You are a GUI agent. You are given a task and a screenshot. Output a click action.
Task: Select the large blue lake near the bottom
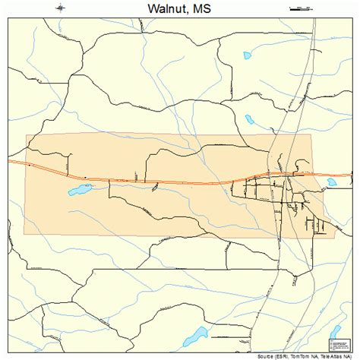[x=194, y=335]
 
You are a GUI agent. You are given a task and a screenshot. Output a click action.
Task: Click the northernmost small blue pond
[x=247, y=55]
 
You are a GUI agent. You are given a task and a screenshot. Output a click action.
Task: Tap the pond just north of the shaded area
[x=249, y=118]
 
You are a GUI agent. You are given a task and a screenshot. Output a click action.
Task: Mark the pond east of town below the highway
[x=332, y=182]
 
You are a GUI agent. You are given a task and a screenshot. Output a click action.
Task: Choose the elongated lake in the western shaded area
[x=79, y=188]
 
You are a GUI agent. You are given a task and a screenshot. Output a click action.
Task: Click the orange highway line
[x=152, y=181]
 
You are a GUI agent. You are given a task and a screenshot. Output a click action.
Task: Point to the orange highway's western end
[x=10, y=161]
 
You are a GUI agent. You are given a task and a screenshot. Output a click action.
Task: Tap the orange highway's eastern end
[x=351, y=175]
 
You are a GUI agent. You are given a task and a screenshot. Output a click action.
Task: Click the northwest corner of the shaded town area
[x=27, y=136]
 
